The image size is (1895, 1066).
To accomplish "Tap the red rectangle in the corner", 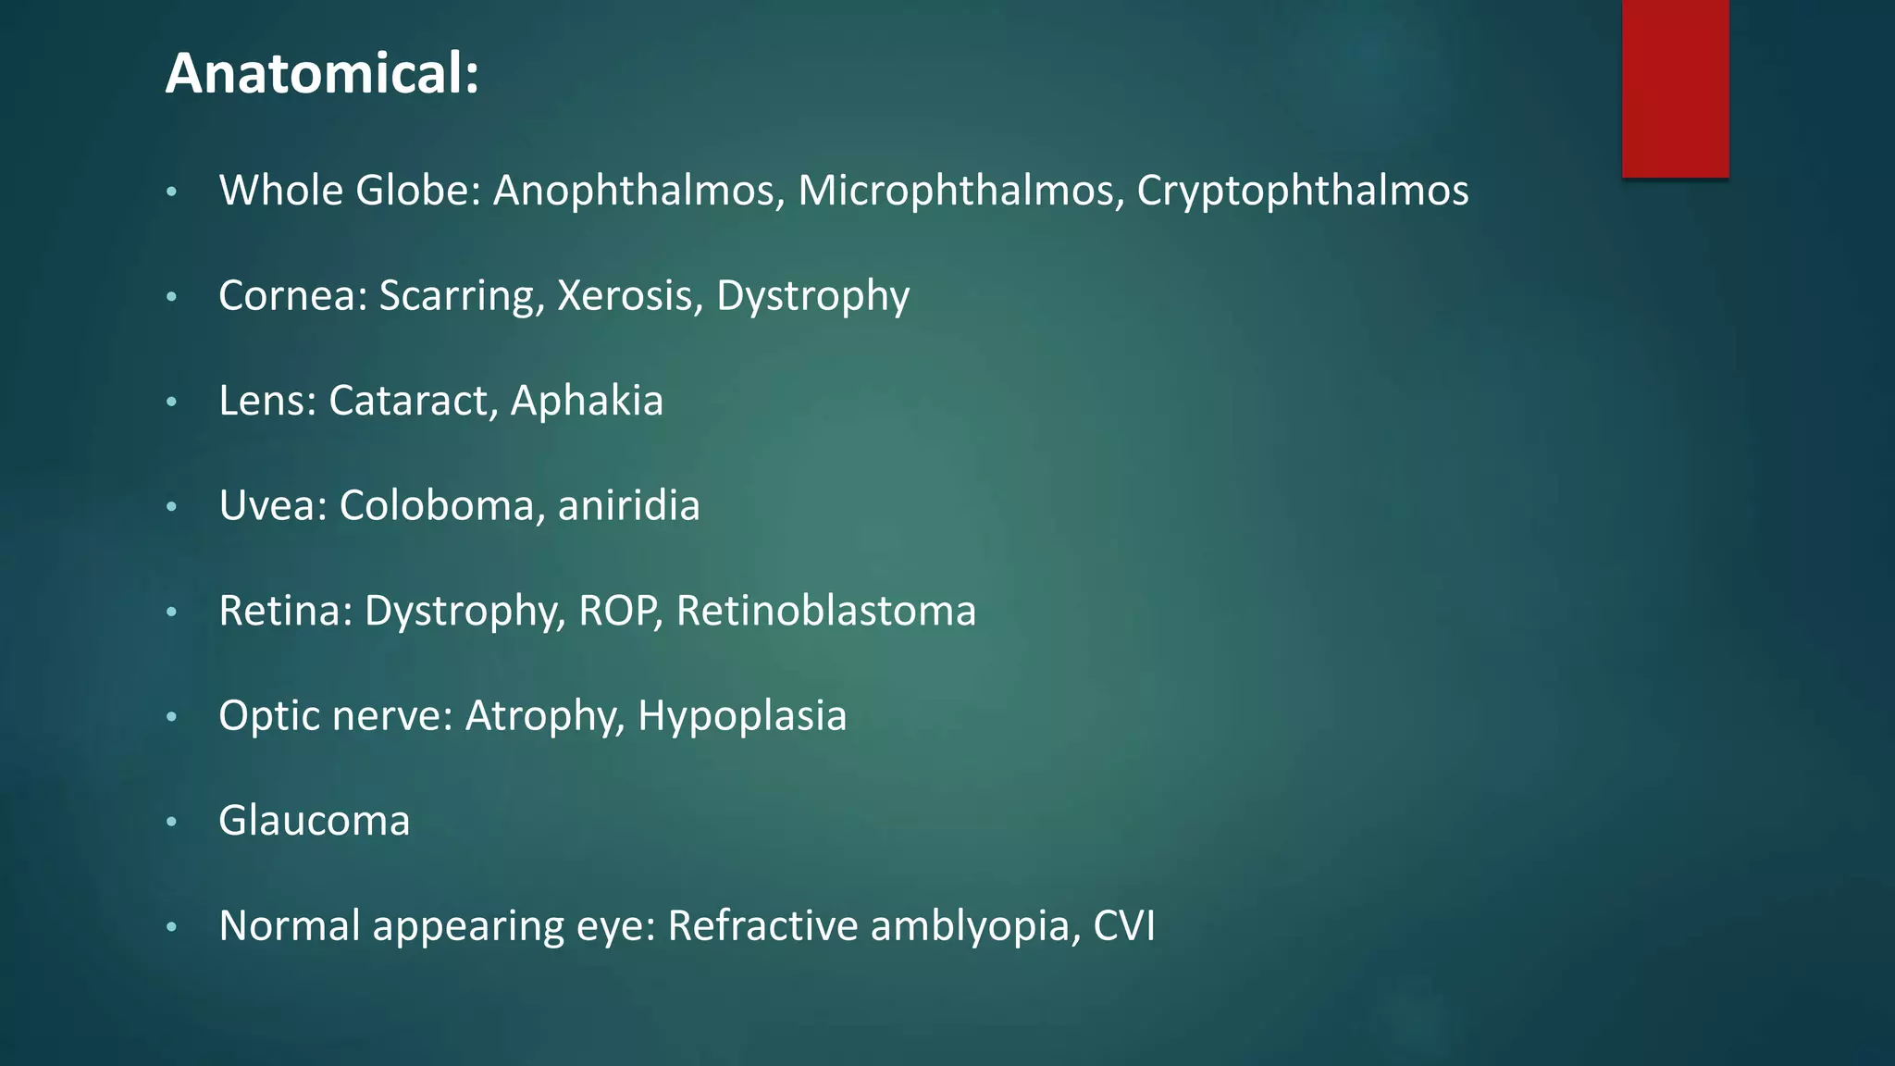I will (1675, 88).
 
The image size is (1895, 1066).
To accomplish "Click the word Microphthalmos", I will (960, 191).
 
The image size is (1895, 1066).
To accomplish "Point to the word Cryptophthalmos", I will (1302, 191).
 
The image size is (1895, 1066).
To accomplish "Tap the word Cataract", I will (413, 401).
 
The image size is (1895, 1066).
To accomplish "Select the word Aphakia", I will (587, 401).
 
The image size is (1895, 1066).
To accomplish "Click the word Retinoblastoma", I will (825, 611).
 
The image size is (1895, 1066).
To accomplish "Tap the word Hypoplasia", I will (742, 716).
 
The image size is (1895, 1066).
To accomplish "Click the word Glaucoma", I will (314, 821).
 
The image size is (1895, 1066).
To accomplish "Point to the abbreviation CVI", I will (1123, 925).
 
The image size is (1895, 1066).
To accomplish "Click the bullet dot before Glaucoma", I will (171, 822).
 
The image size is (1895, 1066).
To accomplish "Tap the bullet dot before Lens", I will (171, 402).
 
